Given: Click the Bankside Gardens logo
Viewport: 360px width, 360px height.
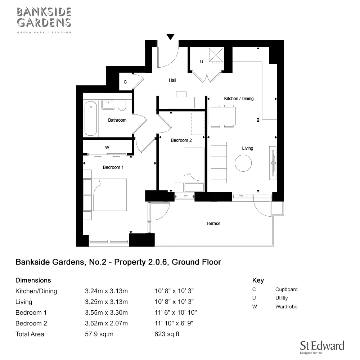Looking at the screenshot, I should coord(44,20).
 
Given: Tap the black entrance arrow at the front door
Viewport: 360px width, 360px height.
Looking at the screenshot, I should coord(170,36).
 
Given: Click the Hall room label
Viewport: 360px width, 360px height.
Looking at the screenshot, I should coord(172,80).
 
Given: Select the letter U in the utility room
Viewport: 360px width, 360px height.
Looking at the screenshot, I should coord(202,62).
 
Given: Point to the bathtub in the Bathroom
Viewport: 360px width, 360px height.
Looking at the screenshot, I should coord(91,118).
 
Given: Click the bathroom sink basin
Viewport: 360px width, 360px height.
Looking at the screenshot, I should coord(108,105).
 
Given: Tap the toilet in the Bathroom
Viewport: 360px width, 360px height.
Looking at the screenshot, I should coord(122,105).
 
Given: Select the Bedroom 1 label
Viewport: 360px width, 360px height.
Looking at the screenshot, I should coord(113,167).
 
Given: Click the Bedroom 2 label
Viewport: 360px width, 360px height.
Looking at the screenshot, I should coord(181,140).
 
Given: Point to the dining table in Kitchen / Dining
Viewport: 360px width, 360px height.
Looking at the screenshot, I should coord(222,116).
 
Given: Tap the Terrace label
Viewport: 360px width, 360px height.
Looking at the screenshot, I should coord(213,224).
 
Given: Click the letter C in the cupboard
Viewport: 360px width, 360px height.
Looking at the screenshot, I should coord(125,82).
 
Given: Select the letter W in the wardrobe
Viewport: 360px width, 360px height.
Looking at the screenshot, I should coord(107,148).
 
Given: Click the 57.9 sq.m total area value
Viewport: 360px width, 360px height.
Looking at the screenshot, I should coord(99,334).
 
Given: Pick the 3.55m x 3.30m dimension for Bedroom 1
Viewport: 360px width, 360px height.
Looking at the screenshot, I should coord(106,312).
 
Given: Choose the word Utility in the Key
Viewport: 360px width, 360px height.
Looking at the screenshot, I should coord(282,298).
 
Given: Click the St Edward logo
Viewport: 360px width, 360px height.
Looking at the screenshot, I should coord(322,346).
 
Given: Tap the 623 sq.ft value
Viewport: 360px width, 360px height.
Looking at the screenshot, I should coord(167,334).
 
